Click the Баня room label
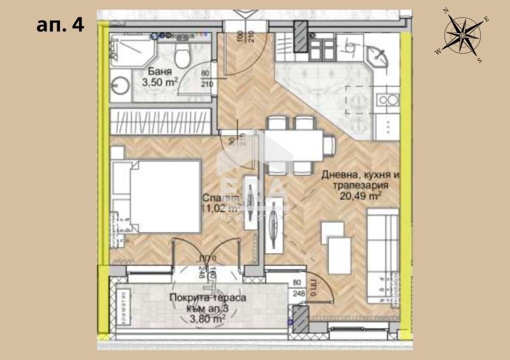coord(158,71)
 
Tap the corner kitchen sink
coord(386,57)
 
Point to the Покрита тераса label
coord(207,298)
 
